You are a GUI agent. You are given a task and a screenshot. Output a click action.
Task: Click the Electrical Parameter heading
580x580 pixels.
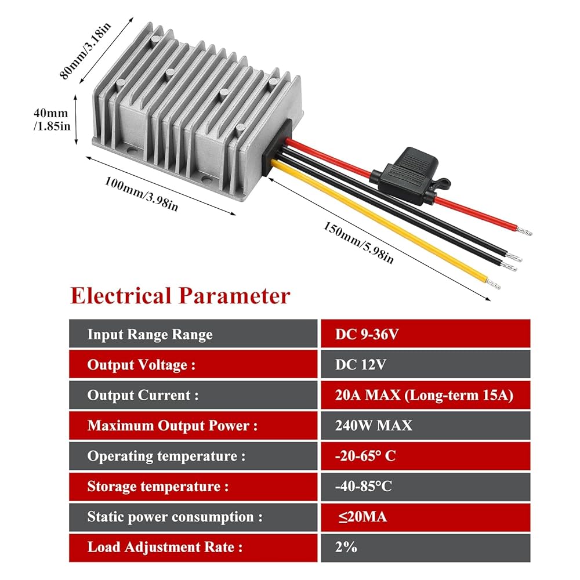point(180,295)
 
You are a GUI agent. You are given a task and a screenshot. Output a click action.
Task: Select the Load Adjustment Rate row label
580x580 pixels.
point(165,547)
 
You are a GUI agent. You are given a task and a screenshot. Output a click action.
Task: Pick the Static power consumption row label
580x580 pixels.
point(175,517)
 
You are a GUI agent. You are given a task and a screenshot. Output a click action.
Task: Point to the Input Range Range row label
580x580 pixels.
point(150,335)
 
